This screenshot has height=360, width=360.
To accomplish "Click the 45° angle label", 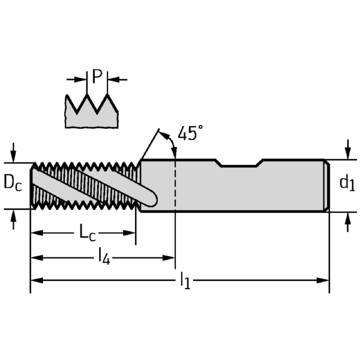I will [x=190, y=133].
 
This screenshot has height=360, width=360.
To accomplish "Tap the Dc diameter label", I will [x=13, y=183].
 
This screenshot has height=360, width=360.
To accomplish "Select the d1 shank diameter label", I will [x=347, y=183].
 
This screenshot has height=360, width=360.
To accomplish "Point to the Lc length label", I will [x=88, y=233].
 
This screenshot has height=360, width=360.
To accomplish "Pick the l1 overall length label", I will [x=185, y=280].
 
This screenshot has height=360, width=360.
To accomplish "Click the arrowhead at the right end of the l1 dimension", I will [x=325, y=280].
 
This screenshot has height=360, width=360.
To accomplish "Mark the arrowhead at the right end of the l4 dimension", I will [x=170, y=257].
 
